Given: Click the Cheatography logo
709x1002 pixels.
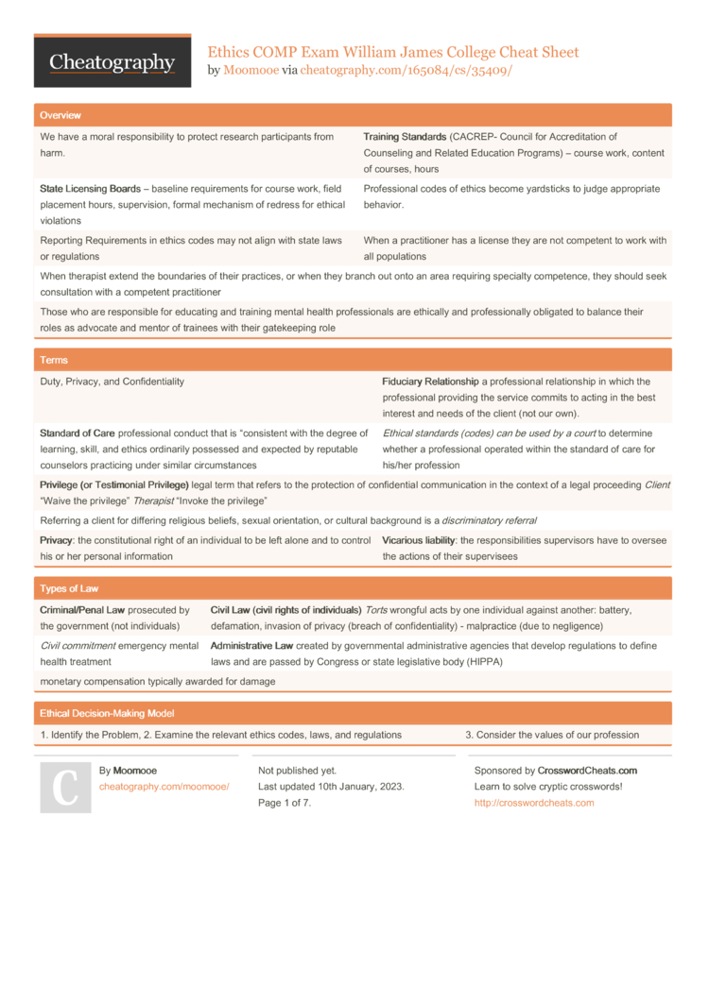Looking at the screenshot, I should [112, 62].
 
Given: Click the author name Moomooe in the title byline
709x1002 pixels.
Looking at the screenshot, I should [251, 70].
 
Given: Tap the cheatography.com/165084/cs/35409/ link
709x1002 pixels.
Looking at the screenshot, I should [406, 70].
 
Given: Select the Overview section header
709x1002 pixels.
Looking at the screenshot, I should [61, 115].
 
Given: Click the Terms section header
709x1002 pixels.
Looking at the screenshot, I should [54, 360].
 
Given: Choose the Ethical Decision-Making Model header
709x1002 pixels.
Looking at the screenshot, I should [107, 713].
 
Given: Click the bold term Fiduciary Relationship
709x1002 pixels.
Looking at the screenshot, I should [430, 382].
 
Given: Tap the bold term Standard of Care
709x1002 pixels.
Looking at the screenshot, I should [78, 433].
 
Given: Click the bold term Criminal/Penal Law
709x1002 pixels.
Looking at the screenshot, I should [82, 610].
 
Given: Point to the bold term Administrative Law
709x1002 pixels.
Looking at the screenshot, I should [251, 646].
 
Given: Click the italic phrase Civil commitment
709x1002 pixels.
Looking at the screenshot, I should [81, 646].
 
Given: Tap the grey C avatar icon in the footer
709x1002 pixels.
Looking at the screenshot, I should [65, 788].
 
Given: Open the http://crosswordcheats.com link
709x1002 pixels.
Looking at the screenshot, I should [534, 803].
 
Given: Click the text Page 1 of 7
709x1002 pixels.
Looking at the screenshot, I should [285, 803].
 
